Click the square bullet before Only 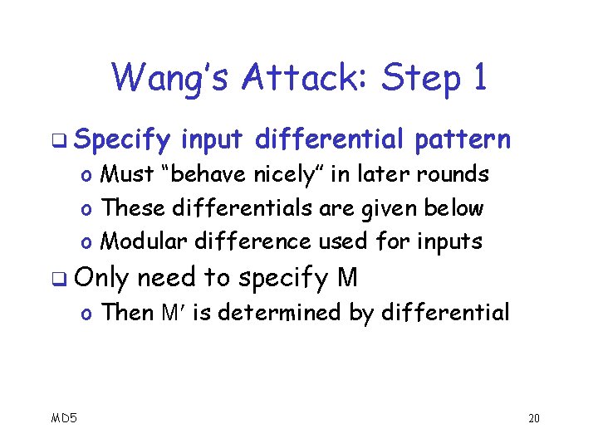(66, 280)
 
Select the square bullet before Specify (66, 141)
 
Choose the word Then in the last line (126, 313)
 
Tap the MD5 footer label (63, 417)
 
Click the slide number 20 (533, 417)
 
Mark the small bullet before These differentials (86, 209)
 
